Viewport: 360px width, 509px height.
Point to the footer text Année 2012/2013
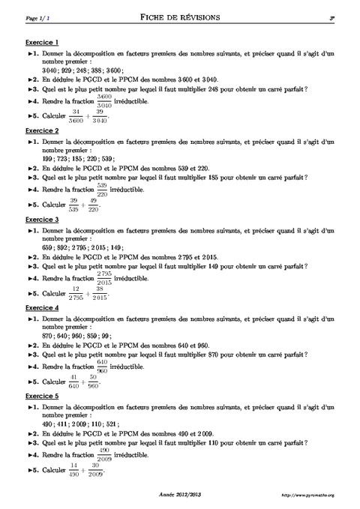(180, 496)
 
